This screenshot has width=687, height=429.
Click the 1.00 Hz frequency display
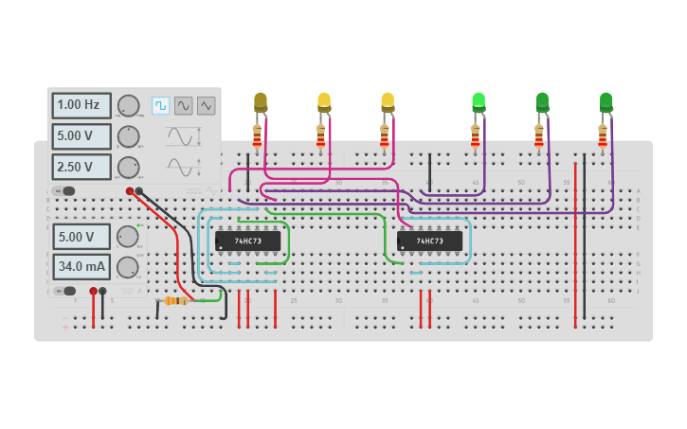pyautogui.click(x=81, y=105)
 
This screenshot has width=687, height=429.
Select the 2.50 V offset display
pyautogui.click(x=81, y=167)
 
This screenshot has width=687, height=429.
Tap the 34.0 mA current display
pyautogui.click(x=81, y=267)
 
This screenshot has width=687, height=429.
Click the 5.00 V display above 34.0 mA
pyautogui.click(x=81, y=236)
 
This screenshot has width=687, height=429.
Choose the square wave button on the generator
pyautogui.click(x=160, y=105)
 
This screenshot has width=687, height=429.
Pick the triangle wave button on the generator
pyautogui.click(x=206, y=105)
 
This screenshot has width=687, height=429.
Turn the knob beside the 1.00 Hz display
pyautogui.click(x=128, y=106)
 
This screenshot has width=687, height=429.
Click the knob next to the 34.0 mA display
pyautogui.click(x=127, y=267)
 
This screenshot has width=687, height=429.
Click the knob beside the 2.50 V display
pyautogui.click(x=128, y=168)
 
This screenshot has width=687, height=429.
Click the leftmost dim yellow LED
pyautogui.click(x=261, y=101)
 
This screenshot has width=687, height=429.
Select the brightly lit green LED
pyautogui.click(x=479, y=100)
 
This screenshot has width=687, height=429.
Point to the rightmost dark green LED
pyautogui.click(x=606, y=101)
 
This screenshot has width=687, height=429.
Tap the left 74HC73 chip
pyautogui.click(x=247, y=241)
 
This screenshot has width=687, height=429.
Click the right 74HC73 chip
pyautogui.click(x=429, y=241)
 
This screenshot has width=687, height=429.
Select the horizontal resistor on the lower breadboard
pyautogui.click(x=175, y=300)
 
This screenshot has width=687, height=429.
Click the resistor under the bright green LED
pyautogui.click(x=476, y=138)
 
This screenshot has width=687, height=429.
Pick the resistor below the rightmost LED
pyautogui.click(x=603, y=138)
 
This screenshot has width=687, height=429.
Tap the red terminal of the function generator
pyautogui.click(x=130, y=191)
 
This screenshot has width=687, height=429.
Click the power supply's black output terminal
pyautogui.click(x=103, y=292)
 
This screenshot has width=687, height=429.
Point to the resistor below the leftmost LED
pyautogui.click(x=257, y=138)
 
